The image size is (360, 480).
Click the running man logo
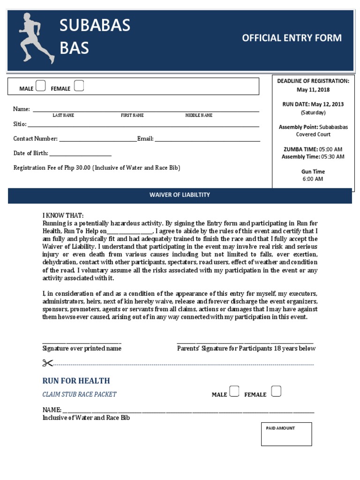pos(36,38)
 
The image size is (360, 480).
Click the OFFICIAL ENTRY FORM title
pos(292,38)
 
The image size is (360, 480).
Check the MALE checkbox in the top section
pos(41,86)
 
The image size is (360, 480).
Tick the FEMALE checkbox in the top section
pos(79,86)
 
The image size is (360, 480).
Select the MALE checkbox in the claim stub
pos(234,391)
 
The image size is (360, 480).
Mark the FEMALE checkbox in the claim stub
pos(277,391)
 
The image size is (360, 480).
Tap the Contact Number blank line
pos(98,140)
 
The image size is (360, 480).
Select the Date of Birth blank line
pos(80,154)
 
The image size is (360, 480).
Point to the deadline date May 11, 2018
pos(313,90)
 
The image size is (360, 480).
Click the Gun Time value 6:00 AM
pos(313,179)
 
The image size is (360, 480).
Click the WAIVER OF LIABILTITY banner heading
pos(180,195)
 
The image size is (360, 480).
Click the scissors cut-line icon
pos(47,363)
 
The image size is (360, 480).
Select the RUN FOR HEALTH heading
pos(76,381)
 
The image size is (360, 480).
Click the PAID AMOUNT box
pos(286,434)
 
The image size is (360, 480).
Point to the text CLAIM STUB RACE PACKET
pos(79,394)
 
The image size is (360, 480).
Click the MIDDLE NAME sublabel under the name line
pos(199,115)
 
